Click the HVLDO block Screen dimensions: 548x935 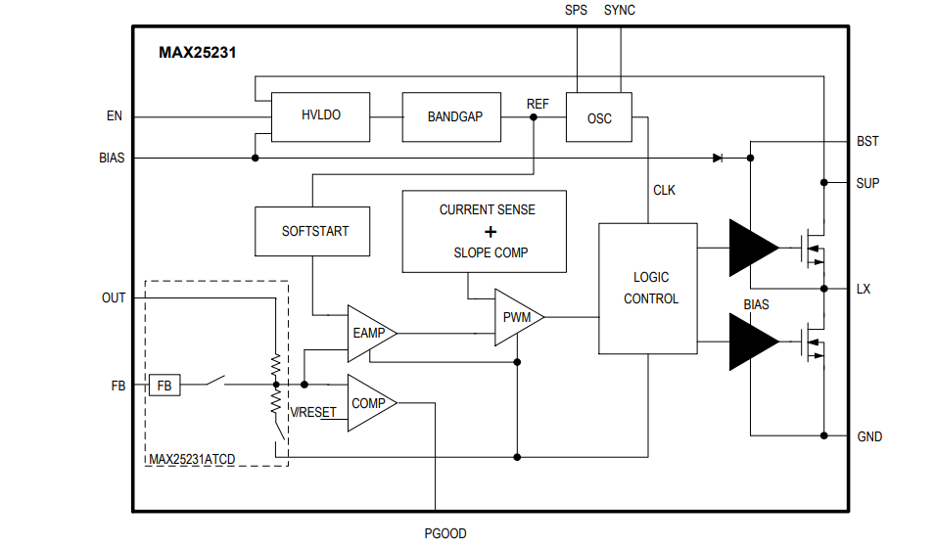(x=320, y=116)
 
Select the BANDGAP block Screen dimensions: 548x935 (x=454, y=116)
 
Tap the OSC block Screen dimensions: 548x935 (x=599, y=117)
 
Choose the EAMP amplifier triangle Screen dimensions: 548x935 (x=368, y=333)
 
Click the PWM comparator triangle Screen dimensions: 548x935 (x=515, y=317)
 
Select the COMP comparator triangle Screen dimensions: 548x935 (x=368, y=403)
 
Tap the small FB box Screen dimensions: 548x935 (x=164, y=386)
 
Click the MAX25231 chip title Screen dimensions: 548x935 (x=197, y=53)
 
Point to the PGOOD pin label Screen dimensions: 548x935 (x=444, y=533)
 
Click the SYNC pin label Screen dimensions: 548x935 (x=620, y=10)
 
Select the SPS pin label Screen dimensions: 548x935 (x=577, y=10)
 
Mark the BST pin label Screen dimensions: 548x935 (x=867, y=141)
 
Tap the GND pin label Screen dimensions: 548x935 (x=868, y=436)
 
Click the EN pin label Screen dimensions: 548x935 (x=115, y=116)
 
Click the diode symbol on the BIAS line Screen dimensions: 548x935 (x=718, y=157)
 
